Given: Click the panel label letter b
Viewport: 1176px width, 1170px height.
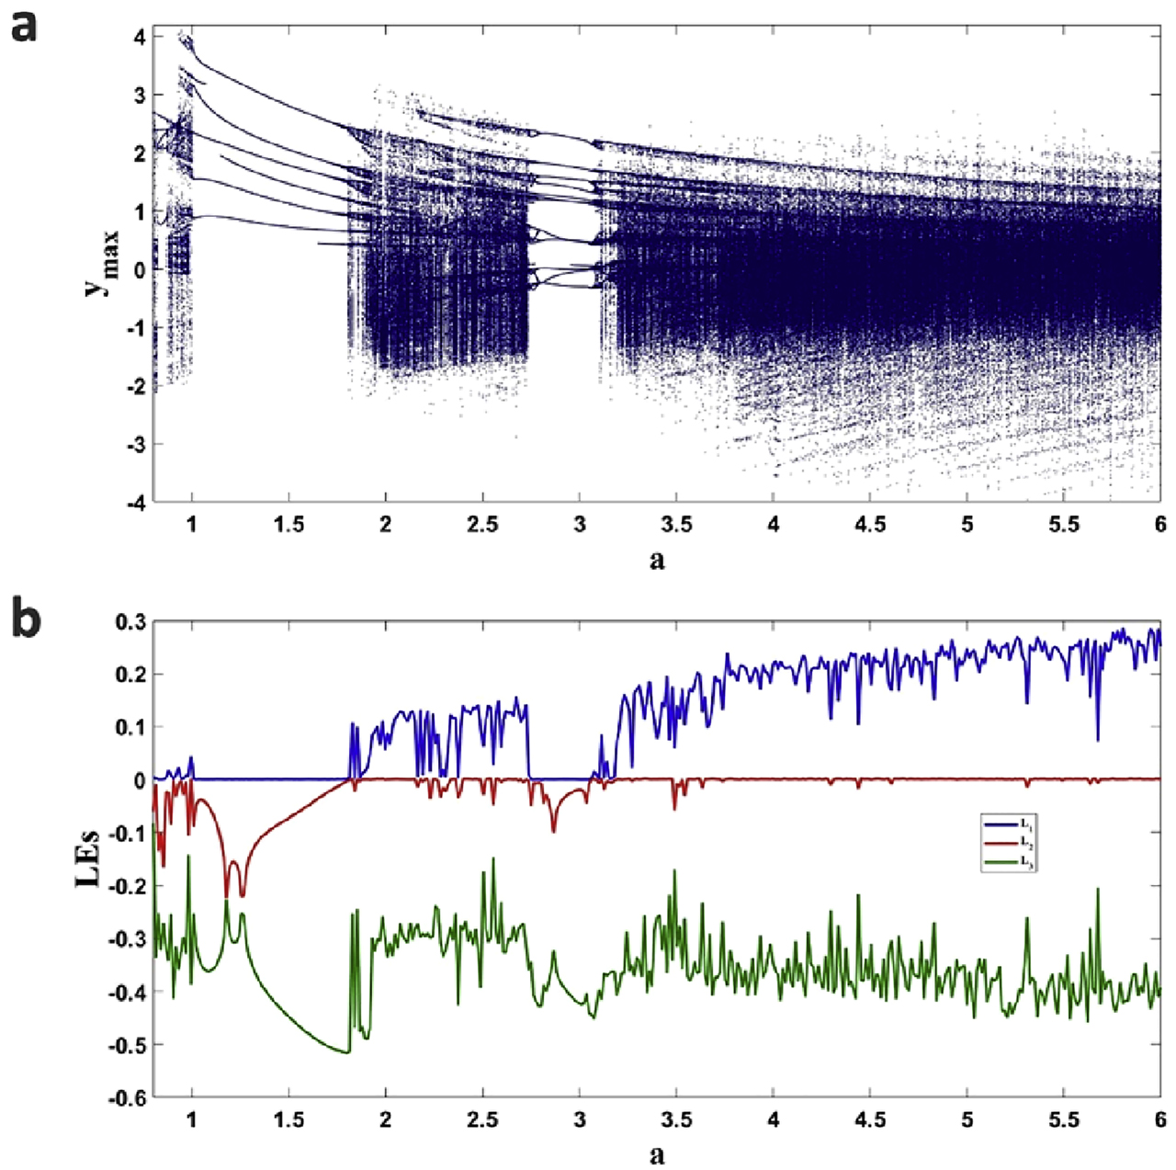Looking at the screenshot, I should (25, 619).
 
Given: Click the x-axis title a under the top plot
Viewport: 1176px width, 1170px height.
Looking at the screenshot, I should (657, 559).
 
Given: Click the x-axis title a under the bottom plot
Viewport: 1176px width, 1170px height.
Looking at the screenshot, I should (657, 1153).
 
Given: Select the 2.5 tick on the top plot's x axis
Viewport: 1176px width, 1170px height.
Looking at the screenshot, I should (482, 525).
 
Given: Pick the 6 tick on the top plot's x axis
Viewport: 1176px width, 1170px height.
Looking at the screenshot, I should (1160, 525).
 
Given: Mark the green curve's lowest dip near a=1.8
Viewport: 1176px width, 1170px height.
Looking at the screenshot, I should (347, 1052).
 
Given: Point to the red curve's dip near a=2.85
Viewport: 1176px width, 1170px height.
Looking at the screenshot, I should (553, 831).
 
